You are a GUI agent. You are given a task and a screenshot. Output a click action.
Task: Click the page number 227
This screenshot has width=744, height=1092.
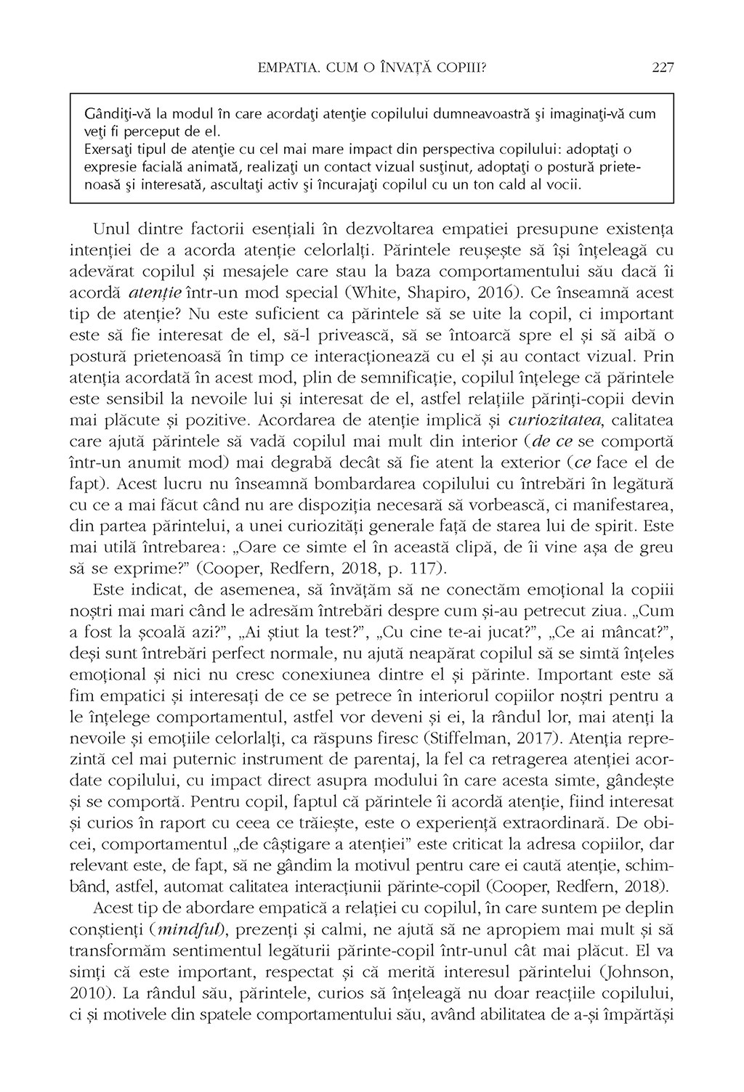(663, 68)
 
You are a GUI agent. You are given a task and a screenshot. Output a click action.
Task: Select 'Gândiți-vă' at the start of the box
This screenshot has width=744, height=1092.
(113, 115)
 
